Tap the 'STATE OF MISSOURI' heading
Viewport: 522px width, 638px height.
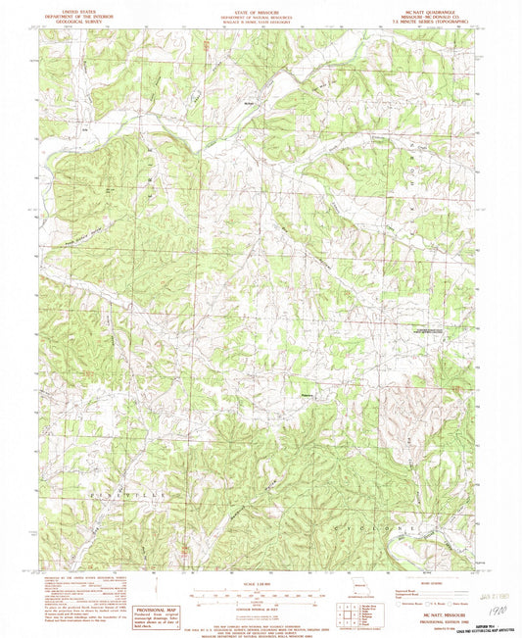coord(261,6)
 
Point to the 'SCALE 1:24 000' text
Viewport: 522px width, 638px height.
coord(261,580)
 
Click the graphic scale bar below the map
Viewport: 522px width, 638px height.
coord(261,591)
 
